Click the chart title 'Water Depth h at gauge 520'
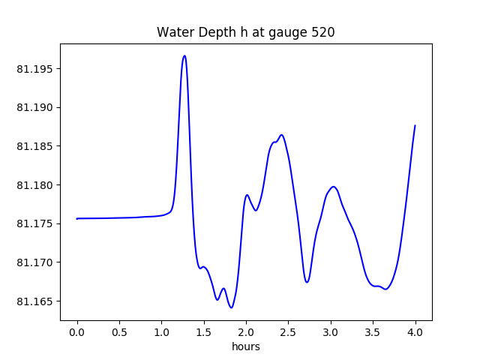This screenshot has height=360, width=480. (245, 33)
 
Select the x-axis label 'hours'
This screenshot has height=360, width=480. (246, 347)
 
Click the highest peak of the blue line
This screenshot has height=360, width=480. (184, 55)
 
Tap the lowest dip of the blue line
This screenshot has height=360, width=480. (231, 307)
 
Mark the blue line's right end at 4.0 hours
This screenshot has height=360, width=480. (415, 126)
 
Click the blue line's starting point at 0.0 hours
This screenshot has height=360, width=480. (77, 219)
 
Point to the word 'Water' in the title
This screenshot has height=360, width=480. (173, 33)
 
